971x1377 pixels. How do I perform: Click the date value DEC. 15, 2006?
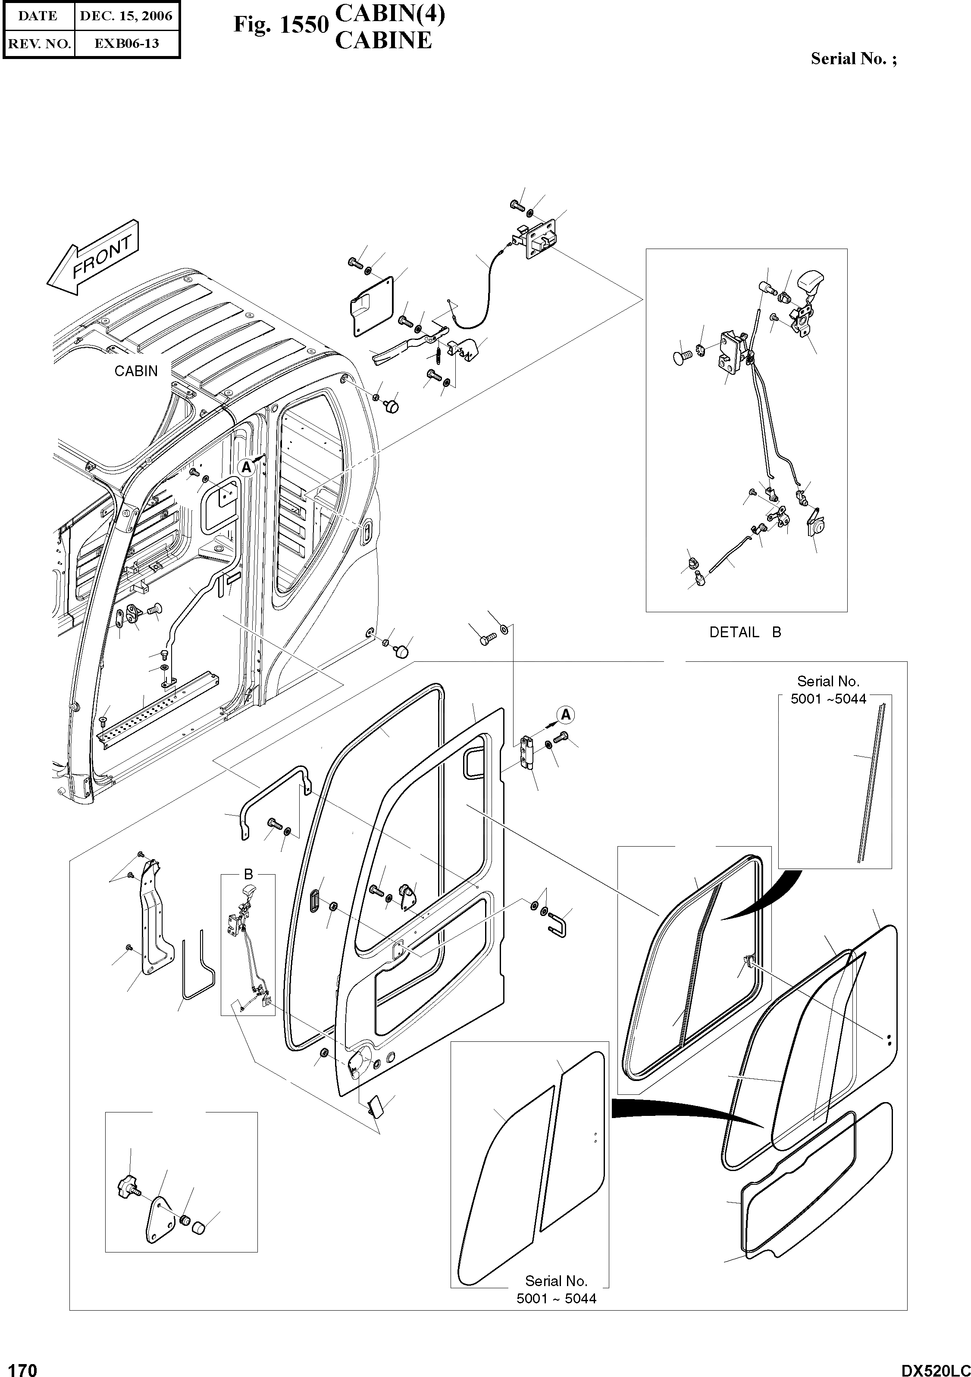click(x=126, y=16)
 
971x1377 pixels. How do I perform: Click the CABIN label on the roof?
click(x=136, y=371)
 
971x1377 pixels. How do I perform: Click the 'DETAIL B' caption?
click(x=745, y=632)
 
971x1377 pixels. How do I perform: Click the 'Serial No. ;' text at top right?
click(x=853, y=59)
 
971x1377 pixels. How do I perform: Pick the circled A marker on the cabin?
click(x=246, y=468)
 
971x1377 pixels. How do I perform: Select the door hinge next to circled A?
click(x=527, y=754)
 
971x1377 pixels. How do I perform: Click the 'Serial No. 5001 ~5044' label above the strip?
click(x=828, y=690)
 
